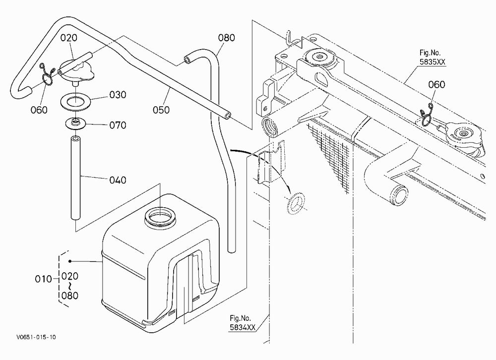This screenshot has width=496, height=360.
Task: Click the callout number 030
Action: point(118,95)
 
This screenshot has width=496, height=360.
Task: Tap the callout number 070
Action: point(118,125)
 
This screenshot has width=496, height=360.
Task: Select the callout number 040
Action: point(118,180)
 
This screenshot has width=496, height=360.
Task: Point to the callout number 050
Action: point(161,110)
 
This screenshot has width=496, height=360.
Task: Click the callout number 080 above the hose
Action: point(227,38)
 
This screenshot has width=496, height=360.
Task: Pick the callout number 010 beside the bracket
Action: point(43,279)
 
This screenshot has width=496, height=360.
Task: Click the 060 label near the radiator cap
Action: point(436,84)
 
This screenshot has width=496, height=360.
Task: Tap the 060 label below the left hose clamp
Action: point(39,110)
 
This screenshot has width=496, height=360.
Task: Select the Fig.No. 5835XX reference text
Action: point(432,57)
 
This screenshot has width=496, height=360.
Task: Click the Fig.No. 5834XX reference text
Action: point(243,323)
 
